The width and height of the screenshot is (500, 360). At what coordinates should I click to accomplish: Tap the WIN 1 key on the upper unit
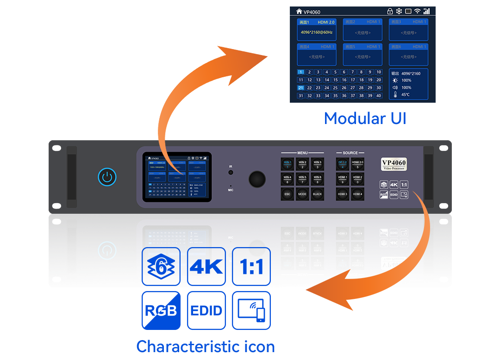[x=287, y=164]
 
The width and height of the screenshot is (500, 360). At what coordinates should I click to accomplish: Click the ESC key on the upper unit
[x=287, y=193]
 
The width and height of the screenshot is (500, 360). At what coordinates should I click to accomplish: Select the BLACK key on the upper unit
[x=317, y=193]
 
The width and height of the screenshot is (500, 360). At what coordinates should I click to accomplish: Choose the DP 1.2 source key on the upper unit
[x=343, y=164]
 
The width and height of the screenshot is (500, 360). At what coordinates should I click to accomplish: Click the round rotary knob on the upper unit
[x=257, y=179]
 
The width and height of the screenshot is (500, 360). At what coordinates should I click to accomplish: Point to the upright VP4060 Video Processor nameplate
[x=394, y=164]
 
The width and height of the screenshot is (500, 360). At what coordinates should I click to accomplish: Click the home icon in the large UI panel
[x=298, y=12]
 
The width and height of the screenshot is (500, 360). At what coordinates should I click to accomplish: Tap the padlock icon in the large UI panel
[x=390, y=11]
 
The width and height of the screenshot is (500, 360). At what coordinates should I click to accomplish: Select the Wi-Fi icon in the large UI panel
[x=417, y=11]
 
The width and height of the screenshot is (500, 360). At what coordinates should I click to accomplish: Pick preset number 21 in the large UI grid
[x=301, y=88]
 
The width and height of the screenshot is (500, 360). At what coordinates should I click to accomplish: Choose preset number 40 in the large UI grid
[x=379, y=96]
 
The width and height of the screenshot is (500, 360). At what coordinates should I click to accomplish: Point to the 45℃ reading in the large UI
[x=406, y=95]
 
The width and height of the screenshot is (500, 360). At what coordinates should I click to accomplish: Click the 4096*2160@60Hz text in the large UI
[x=316, y=32]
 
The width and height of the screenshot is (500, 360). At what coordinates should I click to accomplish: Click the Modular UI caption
[x=365, y=118]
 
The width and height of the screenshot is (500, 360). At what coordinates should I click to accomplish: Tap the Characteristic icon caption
[x=206, y=346]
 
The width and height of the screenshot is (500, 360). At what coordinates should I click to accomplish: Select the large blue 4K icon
[x=206, y=267]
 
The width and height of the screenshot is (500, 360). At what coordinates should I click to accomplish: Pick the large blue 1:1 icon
[x=251, y=267]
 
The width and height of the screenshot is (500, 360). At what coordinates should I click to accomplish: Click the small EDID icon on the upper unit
[x=394, y=195]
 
